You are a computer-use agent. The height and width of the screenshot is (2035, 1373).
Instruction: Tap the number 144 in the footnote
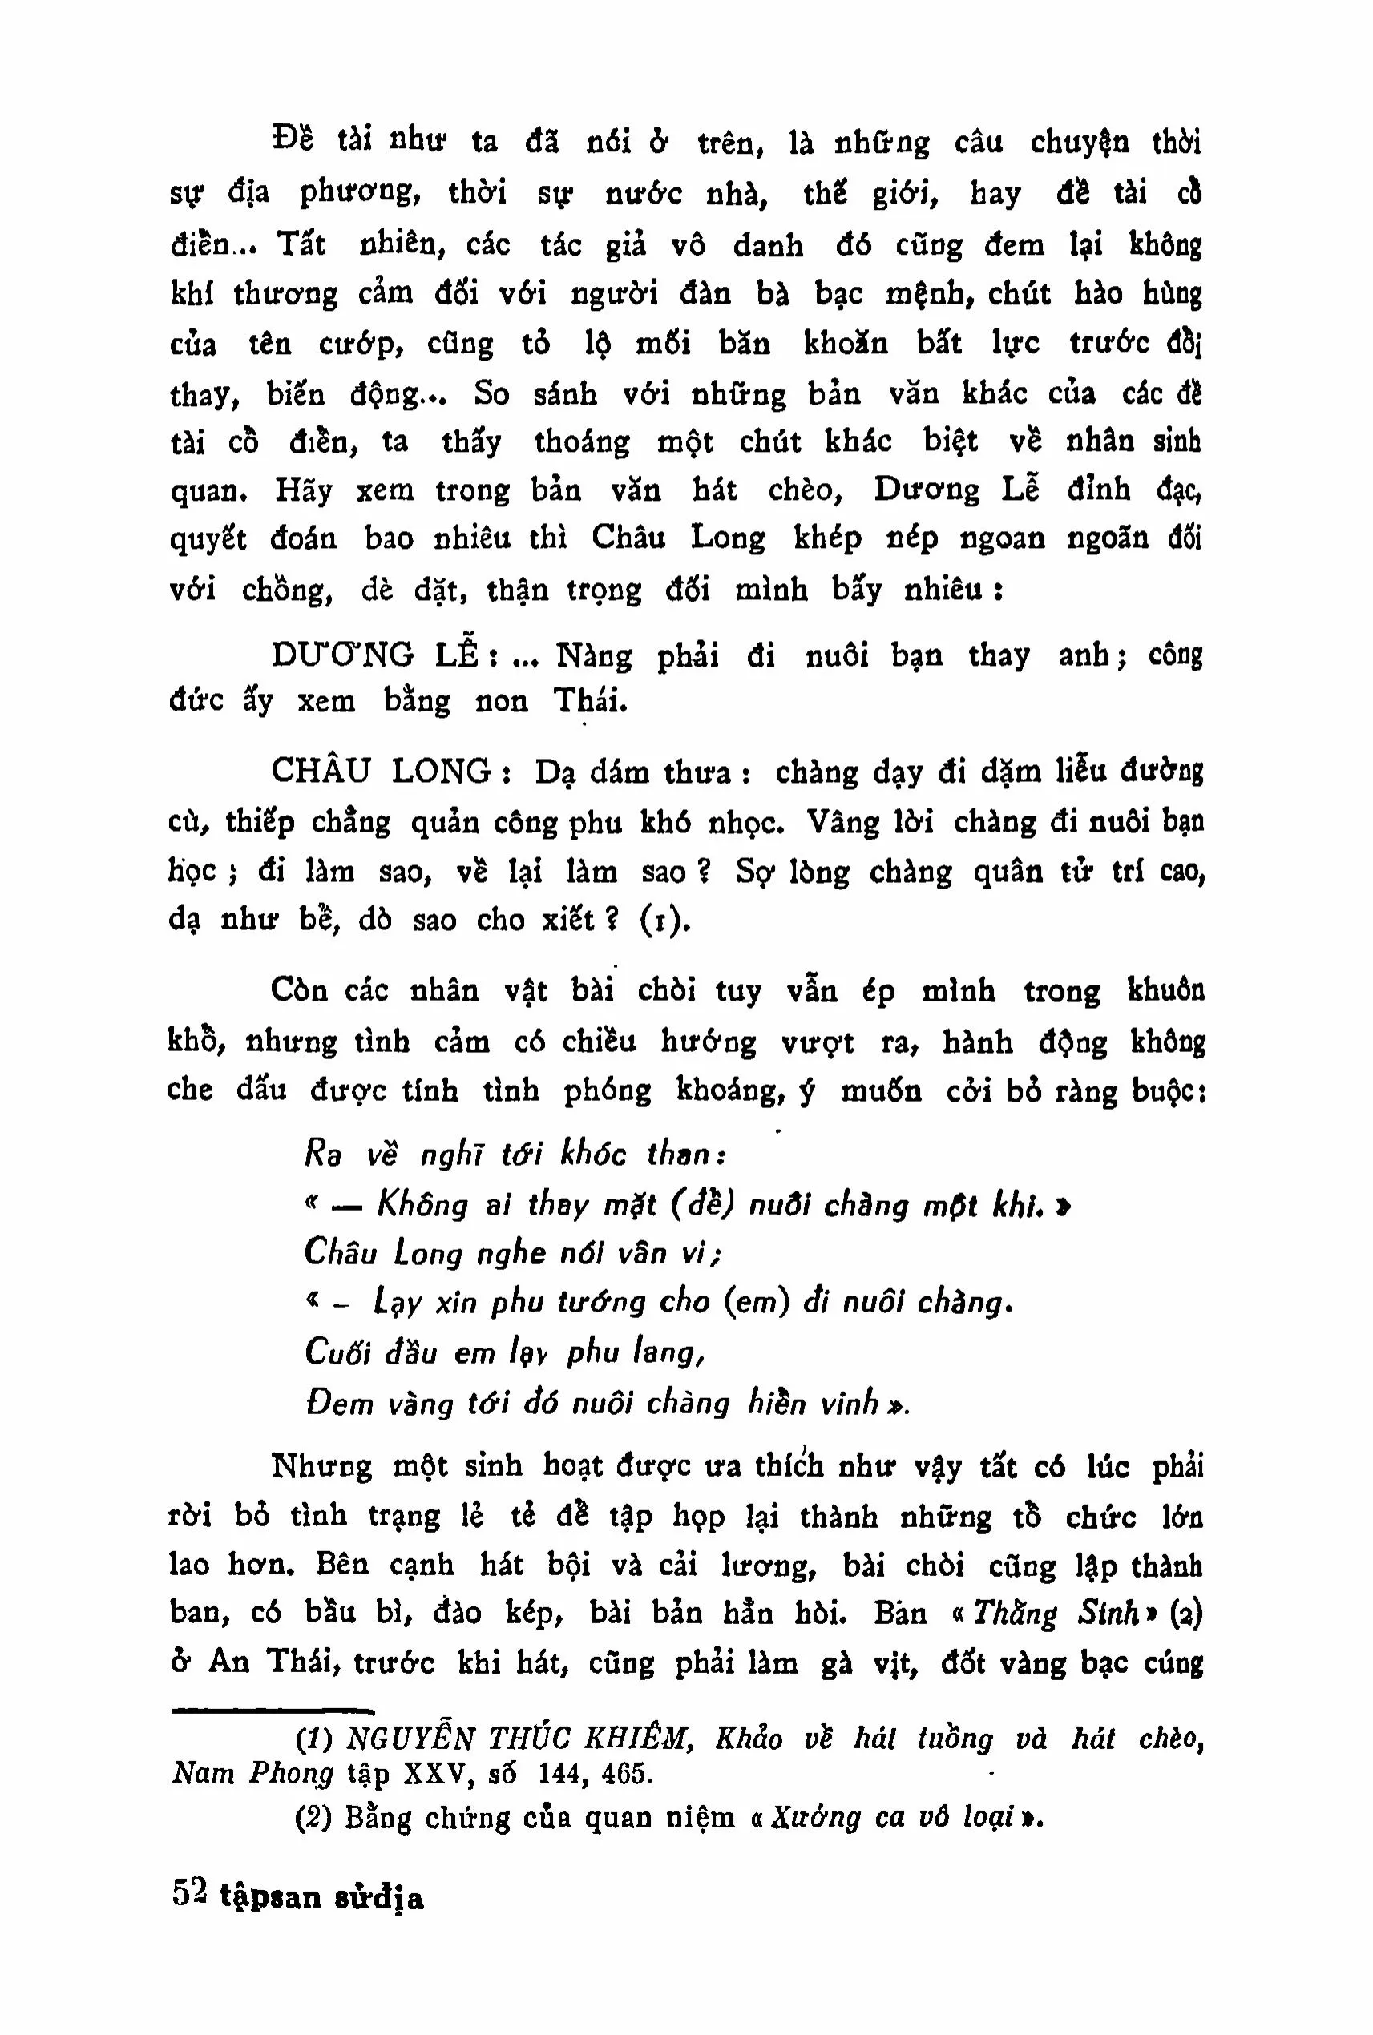click(566, 1774)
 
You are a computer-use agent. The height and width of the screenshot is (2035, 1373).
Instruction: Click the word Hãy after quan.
click(303, 490)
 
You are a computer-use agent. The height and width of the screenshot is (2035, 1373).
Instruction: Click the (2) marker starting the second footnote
click(313, 1819)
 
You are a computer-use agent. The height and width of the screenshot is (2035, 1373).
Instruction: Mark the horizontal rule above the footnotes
click(273, 1709)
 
